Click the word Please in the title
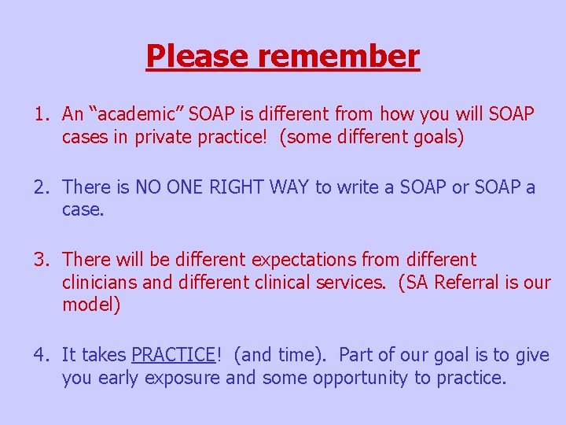(186, 56)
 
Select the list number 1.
(39, 115)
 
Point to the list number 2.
(39, 187)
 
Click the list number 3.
(39, 260)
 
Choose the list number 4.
(39, 356)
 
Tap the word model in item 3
(88, 305)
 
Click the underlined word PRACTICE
(173, 356)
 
